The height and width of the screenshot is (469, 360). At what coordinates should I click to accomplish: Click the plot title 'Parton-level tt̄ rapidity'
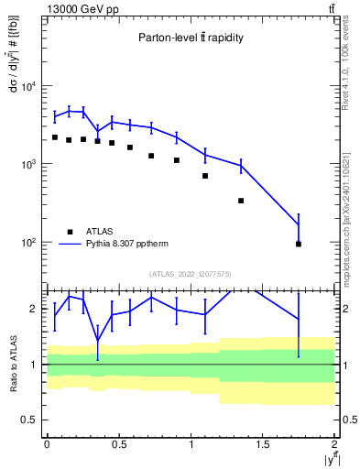191,38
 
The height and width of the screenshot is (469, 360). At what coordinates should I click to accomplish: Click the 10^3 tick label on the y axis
29,165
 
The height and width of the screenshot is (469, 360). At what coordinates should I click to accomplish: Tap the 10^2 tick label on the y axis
29,243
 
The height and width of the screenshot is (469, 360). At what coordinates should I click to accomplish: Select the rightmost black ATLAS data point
299,244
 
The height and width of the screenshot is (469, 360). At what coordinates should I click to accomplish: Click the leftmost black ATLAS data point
54,137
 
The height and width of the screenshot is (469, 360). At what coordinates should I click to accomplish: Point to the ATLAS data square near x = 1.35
241,201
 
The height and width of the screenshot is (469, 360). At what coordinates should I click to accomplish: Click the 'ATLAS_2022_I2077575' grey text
191,273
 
